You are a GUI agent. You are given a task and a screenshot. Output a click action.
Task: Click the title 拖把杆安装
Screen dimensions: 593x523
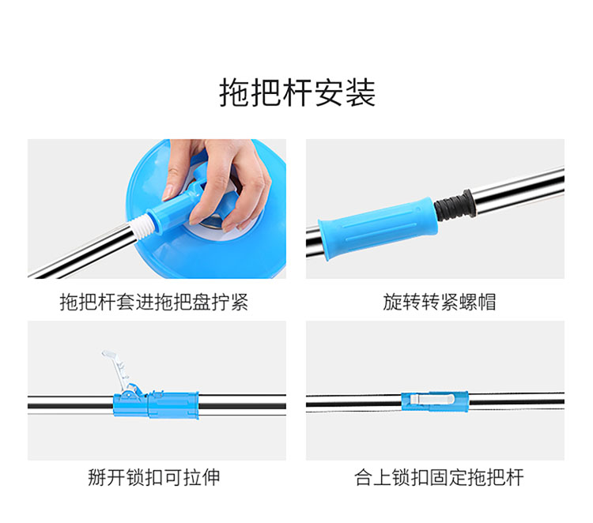(297, 93)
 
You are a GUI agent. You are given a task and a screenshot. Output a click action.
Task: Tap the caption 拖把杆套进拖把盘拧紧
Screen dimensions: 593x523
(154, 302)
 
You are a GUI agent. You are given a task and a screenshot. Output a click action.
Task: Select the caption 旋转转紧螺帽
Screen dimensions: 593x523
(439, 302)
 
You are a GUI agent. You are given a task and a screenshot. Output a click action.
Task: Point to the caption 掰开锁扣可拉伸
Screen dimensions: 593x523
(154, 477)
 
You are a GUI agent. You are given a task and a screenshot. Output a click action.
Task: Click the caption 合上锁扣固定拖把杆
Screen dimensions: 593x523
(439, 477)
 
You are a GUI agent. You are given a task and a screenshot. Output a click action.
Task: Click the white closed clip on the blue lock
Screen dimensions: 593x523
(432, 398)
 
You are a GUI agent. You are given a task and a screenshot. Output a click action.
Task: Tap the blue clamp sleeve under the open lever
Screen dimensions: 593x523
(156, 404)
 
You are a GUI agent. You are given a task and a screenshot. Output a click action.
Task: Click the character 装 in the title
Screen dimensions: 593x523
(361, 93)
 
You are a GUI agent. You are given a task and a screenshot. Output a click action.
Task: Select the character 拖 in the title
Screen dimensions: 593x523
(235, 93)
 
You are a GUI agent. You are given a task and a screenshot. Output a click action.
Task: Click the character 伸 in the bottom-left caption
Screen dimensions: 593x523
(210, 477)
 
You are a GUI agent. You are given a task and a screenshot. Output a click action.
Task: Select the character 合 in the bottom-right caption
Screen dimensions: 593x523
(364, 477)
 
